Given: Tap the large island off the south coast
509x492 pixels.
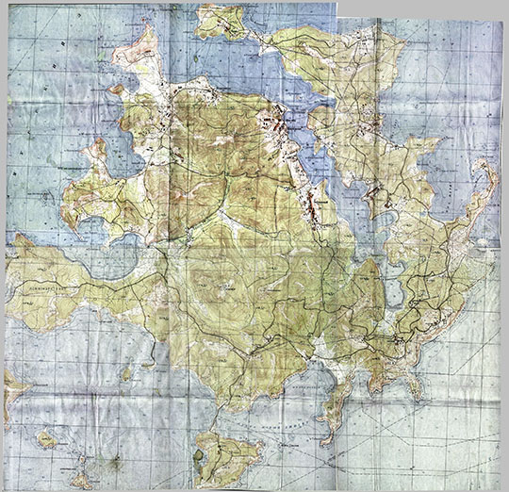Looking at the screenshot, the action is tap(226, 456).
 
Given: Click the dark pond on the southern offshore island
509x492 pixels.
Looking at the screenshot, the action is tap(198, 456).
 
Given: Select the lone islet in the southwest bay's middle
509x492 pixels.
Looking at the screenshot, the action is tap(126, 374).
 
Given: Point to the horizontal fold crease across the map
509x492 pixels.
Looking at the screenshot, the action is tap(254, 242).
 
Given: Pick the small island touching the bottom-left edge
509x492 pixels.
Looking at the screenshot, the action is tap(80, 479).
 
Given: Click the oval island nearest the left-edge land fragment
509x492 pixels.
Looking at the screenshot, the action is tap(45, 439).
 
